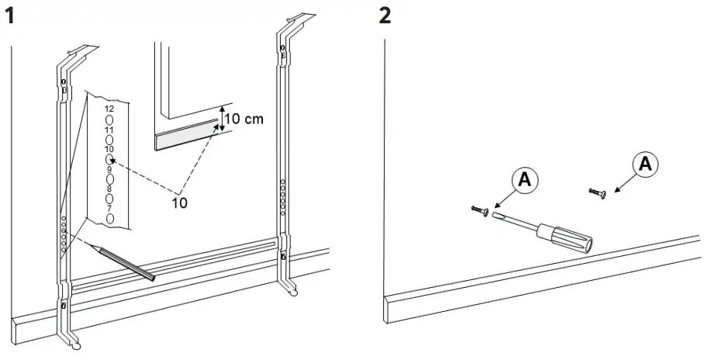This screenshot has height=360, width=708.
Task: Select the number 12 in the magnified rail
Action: coord(109,109)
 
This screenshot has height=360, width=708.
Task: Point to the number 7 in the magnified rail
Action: coord(109,208)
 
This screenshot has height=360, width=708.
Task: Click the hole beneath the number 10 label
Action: coord(109,158)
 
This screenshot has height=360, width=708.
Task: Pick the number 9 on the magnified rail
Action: coord(109,168)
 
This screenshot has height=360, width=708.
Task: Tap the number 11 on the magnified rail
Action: coord(109,129)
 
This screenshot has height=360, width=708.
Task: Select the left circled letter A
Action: coord(525,178)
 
